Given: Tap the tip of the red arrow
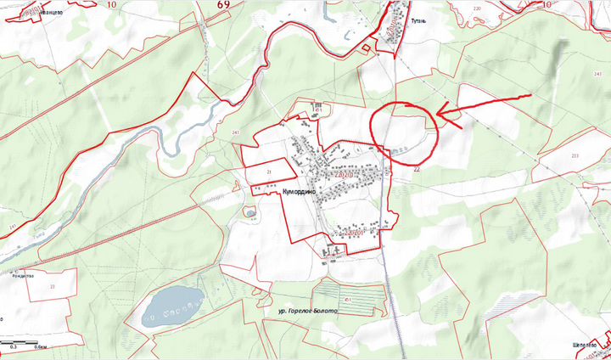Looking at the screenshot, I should tap(435, 114).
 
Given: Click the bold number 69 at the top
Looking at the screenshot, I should tap(223, 4).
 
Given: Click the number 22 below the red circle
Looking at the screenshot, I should tap(417, 169).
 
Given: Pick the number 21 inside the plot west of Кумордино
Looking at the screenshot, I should tap(269, 172).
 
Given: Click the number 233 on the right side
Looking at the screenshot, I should tap(575, 155).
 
